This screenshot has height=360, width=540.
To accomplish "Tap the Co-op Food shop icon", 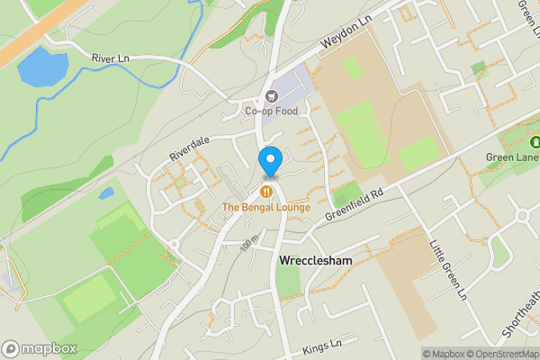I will point(270,96).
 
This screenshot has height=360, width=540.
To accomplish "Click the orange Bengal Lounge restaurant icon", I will point(266,192).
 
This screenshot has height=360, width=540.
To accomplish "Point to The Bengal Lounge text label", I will point(266,208).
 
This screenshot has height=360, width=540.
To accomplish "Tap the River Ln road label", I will point(112,58).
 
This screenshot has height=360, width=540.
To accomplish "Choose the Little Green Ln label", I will point(447,269).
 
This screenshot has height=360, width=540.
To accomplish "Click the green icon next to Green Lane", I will point(535,142).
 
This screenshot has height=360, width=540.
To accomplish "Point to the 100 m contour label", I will point(249,244).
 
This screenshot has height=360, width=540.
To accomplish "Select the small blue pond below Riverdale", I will point(106,193).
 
